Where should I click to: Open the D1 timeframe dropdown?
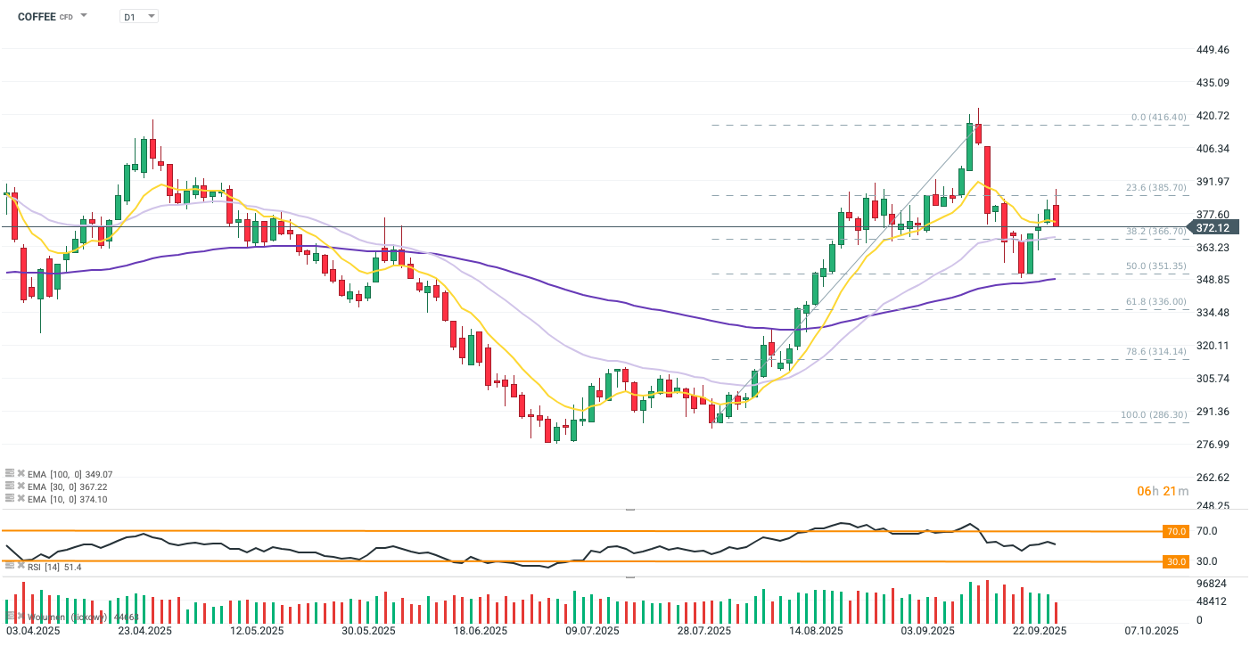[139, 16]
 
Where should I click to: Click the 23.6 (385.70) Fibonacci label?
[1156, 188]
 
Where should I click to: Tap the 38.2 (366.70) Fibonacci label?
[1156, 231]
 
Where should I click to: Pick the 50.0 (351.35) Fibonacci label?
[1156, 266]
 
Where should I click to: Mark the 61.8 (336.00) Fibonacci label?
[1156, 301]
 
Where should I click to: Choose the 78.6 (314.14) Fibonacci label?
[1156, 352]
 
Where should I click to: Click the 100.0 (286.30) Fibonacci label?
[1154, 415]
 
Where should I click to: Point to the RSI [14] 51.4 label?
[54, 567]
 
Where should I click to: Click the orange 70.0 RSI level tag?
[1177, 531]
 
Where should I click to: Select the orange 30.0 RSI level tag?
[1177, 561]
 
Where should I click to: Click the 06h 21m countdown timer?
[1162, 491]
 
